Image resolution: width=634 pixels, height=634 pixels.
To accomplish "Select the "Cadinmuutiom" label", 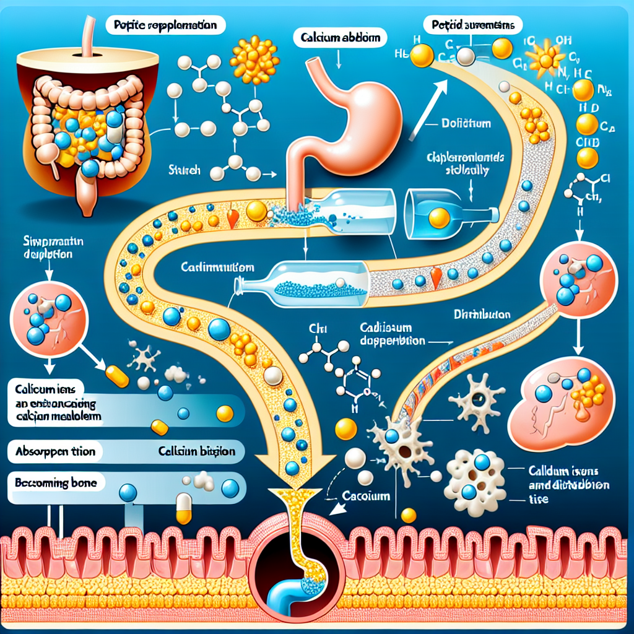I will coord(217,267).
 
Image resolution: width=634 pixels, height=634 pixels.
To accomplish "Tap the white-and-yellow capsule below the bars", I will coord(185,508).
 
